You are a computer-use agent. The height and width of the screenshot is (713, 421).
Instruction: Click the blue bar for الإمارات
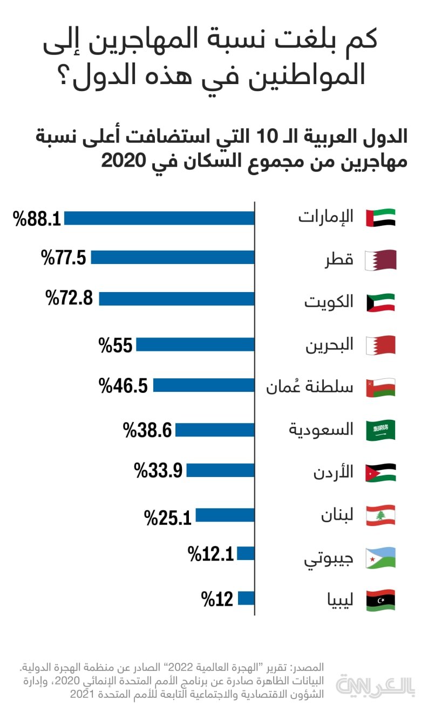159,218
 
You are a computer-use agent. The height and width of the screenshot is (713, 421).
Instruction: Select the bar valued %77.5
173,258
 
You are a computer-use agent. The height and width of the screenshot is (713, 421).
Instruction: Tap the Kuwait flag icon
381,302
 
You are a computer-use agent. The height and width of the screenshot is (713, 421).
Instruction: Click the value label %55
116,345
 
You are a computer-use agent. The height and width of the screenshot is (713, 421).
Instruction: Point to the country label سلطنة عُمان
310,386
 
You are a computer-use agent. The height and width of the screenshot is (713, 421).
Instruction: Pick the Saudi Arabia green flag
381,430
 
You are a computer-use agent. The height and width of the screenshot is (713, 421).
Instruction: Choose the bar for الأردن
220,471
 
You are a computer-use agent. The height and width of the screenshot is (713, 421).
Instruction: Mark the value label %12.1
211,553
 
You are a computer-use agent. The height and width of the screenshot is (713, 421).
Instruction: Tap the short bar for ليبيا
246,598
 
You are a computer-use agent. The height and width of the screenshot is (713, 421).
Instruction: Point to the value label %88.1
37,219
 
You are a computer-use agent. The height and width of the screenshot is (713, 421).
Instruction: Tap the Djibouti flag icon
381,558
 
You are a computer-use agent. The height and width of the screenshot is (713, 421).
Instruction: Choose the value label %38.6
147,430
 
